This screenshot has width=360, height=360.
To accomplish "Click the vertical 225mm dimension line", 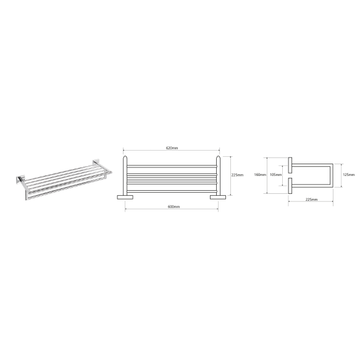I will [230, 176].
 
